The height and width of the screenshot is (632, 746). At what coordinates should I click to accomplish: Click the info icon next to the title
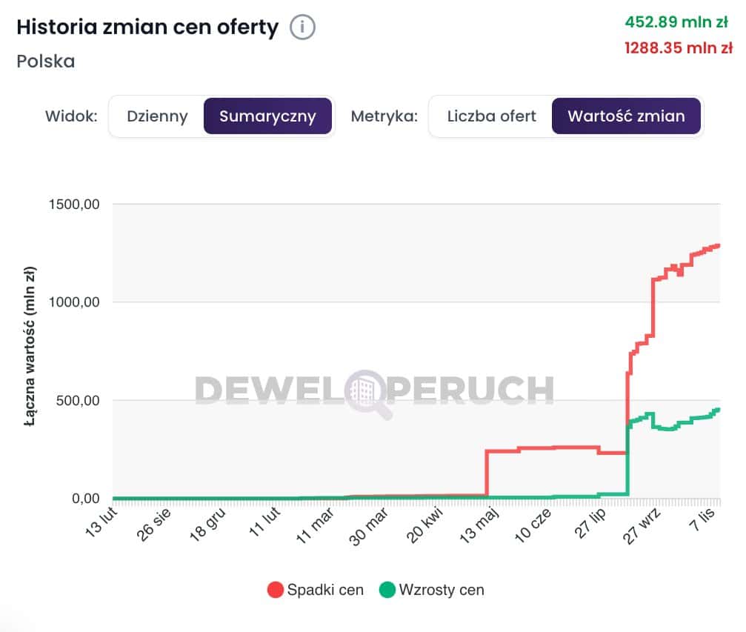pyautogui.click(x=302, y=27)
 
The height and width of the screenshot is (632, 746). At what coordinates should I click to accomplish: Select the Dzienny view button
pyautogui.click(x=157, y=116)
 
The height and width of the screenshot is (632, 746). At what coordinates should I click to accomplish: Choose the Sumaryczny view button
pyautogui.click(x=267, y=116)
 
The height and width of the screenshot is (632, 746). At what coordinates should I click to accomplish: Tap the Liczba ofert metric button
pyautogui.click(x=491, y=116)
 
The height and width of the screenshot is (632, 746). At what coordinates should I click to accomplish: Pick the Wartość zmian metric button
pyautogui.click(x=626, y=116)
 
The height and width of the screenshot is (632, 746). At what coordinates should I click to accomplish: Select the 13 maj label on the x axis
pyautogui.click(x=481, y=523)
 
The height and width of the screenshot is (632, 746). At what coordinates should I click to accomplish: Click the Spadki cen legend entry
pyautogui.click(x=316, y=591)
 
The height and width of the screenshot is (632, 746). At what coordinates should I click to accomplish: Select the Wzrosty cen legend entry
pyautogui.click(x=432, y=591)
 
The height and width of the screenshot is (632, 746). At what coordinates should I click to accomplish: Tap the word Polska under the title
pyautogui.click(x=46, y=61)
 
